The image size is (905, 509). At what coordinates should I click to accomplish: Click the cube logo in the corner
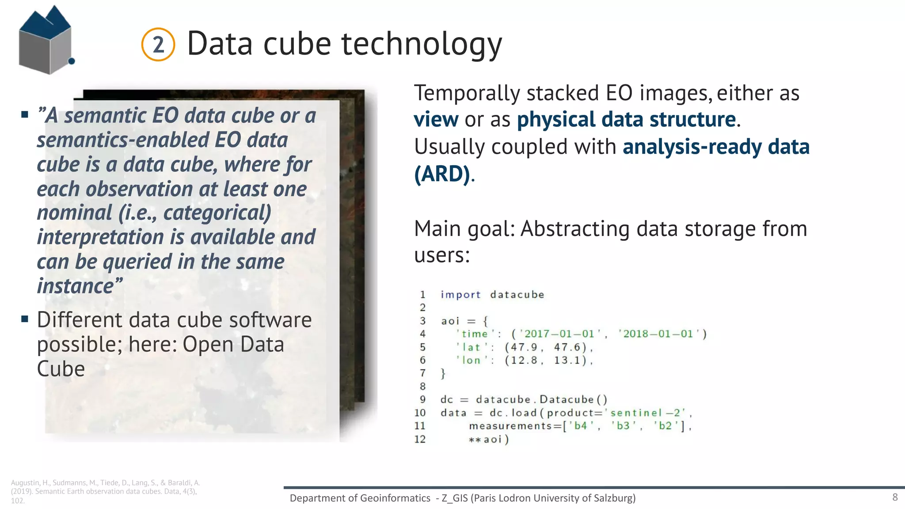(46, 41)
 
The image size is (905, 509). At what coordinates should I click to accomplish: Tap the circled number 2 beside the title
(158, 45)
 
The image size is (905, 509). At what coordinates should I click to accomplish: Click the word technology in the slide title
(422, 44)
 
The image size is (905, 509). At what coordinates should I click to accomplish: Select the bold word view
(436, 120)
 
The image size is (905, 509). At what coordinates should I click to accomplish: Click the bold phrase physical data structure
(626, 120)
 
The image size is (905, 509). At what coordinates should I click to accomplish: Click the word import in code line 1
(460, 295)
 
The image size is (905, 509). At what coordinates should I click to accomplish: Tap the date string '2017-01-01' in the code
(559, 334)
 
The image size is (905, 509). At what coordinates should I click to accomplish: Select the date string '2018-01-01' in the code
(658, 334)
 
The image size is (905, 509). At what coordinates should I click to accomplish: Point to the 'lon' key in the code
(471, 361)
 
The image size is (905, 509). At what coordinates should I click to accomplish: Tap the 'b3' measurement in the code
(623, 426)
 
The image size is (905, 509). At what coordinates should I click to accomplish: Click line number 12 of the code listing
(420, 439)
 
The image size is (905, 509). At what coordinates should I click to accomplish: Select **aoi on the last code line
(485, 439)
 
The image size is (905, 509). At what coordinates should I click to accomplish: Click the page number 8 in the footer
(895, 497)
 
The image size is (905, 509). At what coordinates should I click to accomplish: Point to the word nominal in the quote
(75, 213)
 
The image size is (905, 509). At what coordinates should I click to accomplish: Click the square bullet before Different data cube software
(25, 319)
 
